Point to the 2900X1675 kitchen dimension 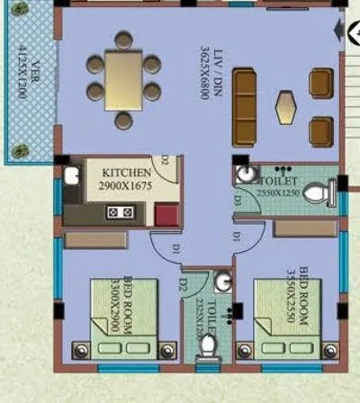[126, 185]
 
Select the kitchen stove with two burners [121, 212]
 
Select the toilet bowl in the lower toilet [209, 345]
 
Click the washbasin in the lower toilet [225, 285]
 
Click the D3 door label [236, 201]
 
